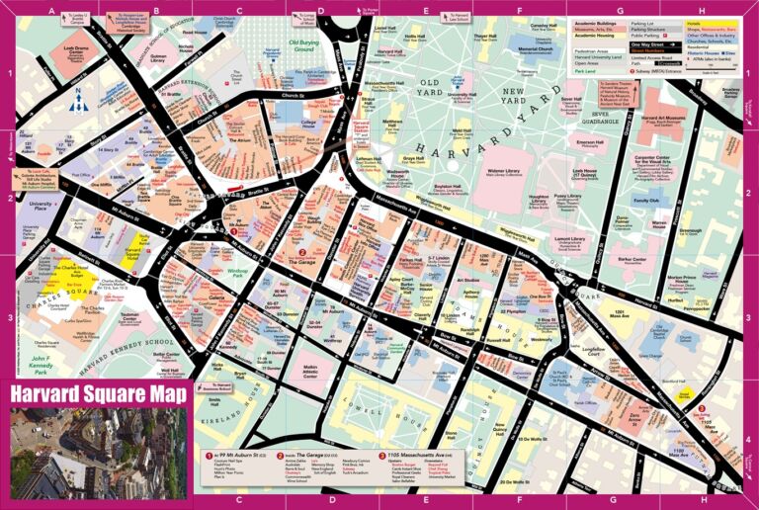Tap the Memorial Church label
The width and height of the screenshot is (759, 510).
(x=536, y=49)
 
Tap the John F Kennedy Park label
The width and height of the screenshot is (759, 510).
(x=40, y=364)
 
